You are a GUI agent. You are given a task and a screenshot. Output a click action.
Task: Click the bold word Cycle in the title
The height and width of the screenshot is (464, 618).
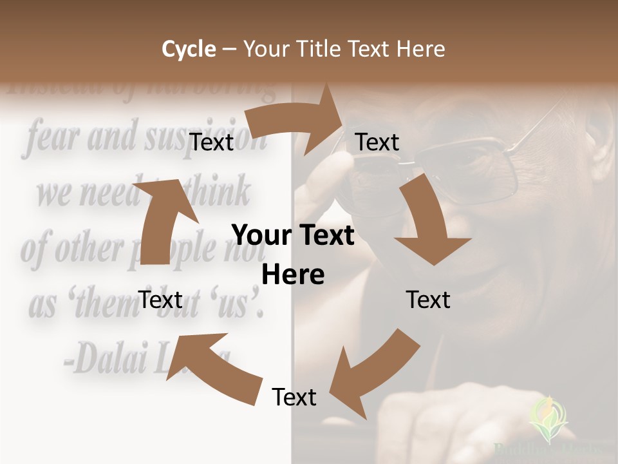[x=189, y=49]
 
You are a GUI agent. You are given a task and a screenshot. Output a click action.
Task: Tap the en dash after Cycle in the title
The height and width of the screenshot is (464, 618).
[x=229, y=50]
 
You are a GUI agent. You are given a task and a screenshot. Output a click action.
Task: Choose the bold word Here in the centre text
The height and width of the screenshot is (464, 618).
[x=293, y=275]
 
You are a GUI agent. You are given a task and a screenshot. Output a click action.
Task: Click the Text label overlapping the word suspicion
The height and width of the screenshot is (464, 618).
[x=212, y=142]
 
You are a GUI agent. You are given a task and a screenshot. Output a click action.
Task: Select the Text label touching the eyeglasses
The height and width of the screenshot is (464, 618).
[x=377, y=142]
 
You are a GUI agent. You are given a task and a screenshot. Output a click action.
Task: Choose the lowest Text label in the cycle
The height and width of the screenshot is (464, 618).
[x=294, y=397]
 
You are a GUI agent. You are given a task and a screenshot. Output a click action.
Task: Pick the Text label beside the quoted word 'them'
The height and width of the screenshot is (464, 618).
[x=160, y=300]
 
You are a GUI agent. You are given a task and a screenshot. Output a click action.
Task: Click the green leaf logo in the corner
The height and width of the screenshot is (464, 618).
[x=548, y=419]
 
